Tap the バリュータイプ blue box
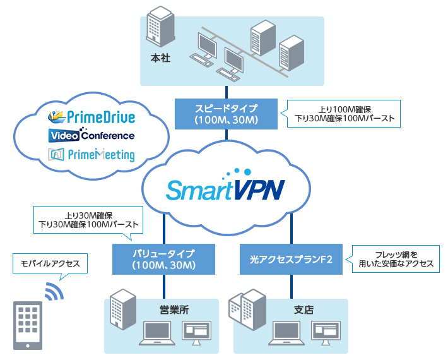tap(164, 259)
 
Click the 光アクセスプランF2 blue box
tap(290, 260)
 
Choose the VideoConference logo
tap(91, 135)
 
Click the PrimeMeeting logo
tap(91, 154)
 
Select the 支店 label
tap(304, 309)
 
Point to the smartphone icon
tap(28, 325)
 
